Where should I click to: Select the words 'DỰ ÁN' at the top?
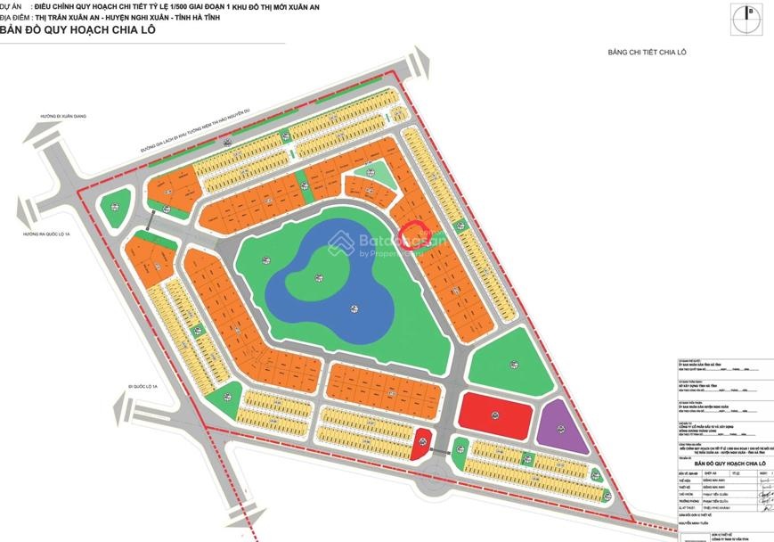pyautogui.click(x=12, y=6)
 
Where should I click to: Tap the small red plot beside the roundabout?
pyautogui.click(x=424, y=440)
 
